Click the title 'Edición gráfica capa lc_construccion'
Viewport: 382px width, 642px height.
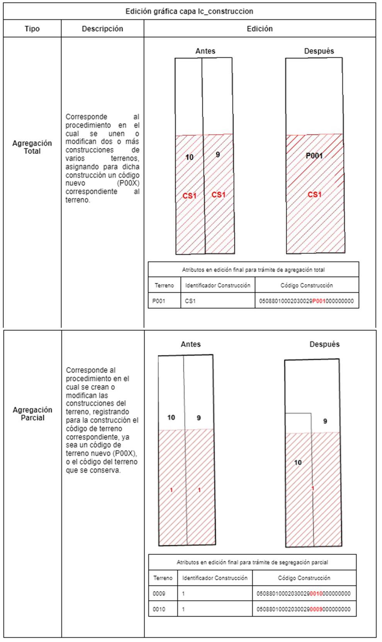(189, 11)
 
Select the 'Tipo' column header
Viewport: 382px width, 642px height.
(32, 29)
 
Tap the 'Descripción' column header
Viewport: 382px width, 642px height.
(102, 29)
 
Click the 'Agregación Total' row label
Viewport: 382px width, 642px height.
(32, 147)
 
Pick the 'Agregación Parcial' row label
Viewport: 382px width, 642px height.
(32, 413)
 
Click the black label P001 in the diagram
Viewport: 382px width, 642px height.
(314, 156)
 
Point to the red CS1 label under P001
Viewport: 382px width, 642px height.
(314, 194)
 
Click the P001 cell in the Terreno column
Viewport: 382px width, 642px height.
(159, 301)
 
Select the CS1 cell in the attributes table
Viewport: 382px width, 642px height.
(190, 301)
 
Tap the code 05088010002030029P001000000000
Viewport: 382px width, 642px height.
(306, 301)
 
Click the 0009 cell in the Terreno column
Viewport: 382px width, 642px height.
(159, 593)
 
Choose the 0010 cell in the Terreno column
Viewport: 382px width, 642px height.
(159, 609)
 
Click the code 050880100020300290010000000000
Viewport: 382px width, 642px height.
(304, 593)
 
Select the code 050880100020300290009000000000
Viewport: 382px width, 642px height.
(304, 609)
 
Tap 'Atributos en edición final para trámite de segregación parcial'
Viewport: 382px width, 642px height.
(252, 562)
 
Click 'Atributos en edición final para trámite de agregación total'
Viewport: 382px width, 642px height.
(253, 270)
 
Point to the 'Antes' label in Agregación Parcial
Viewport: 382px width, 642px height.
(191, 344)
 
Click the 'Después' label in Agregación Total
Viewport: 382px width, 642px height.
(319, 51)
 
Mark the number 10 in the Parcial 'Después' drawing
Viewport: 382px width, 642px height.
(298, 462)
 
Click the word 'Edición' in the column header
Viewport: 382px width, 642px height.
(260, 29)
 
